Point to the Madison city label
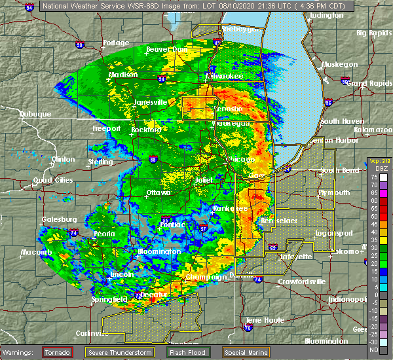click(x=123, y=75)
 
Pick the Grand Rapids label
click(x=365, y=83)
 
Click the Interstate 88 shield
click(x=153, y=158)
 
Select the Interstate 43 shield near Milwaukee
click(x=217, y=43)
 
